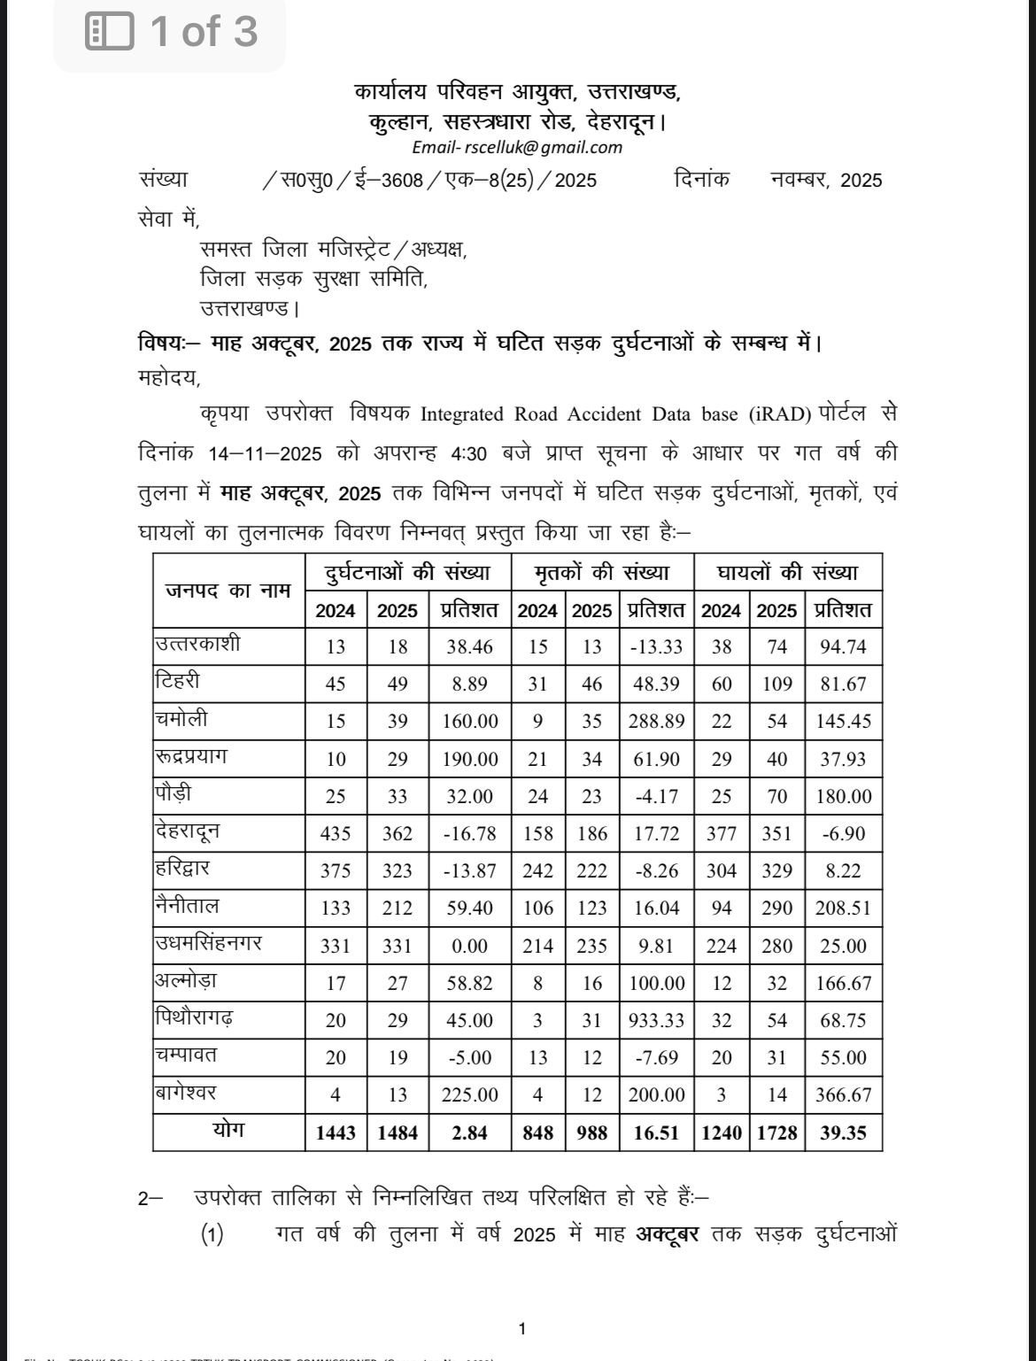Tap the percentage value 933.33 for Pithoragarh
tap(656, 1020)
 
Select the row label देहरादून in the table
tap(187, 831)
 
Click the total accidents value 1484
tap(398, 1133)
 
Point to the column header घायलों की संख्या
tap(787, 573)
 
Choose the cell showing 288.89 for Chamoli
tap(656, 722)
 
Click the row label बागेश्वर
tap(185, 1093)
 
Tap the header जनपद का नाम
tap(228, 591)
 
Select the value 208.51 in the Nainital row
tap(844, 909)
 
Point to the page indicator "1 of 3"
tap(171, 33)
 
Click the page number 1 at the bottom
tap(522, 1328)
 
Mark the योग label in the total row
tap(228, 1131)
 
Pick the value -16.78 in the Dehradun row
tap(469, 834)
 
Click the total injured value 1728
tap(777, 1133)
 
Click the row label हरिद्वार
tap(182, 869)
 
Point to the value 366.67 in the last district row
tap(844, 1095)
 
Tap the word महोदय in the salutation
tap(169, 378)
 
